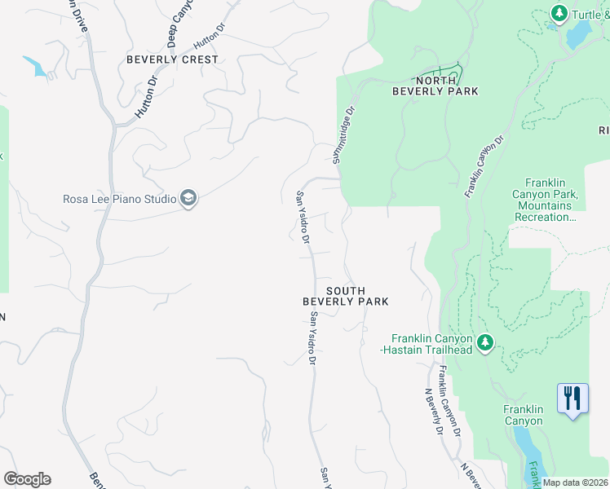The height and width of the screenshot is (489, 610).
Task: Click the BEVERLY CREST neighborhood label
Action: pos(172,59)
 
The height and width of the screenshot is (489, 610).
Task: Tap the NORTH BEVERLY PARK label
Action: pos(435,86)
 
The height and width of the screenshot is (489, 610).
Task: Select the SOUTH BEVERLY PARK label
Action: pos(345,296)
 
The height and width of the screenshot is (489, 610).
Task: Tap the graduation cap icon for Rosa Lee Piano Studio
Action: pos(188,199)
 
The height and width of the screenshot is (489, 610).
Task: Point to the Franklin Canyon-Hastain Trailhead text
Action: pos(431,344)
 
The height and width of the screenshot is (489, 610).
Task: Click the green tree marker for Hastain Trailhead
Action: pos(485,342)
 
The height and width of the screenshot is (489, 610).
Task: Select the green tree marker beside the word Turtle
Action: pos(559,13)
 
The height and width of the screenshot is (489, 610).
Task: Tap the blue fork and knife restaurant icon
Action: pos(572,399)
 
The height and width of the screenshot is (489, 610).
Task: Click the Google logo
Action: pos(27,479)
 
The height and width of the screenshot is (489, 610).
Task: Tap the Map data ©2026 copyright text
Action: pos(574,482)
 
